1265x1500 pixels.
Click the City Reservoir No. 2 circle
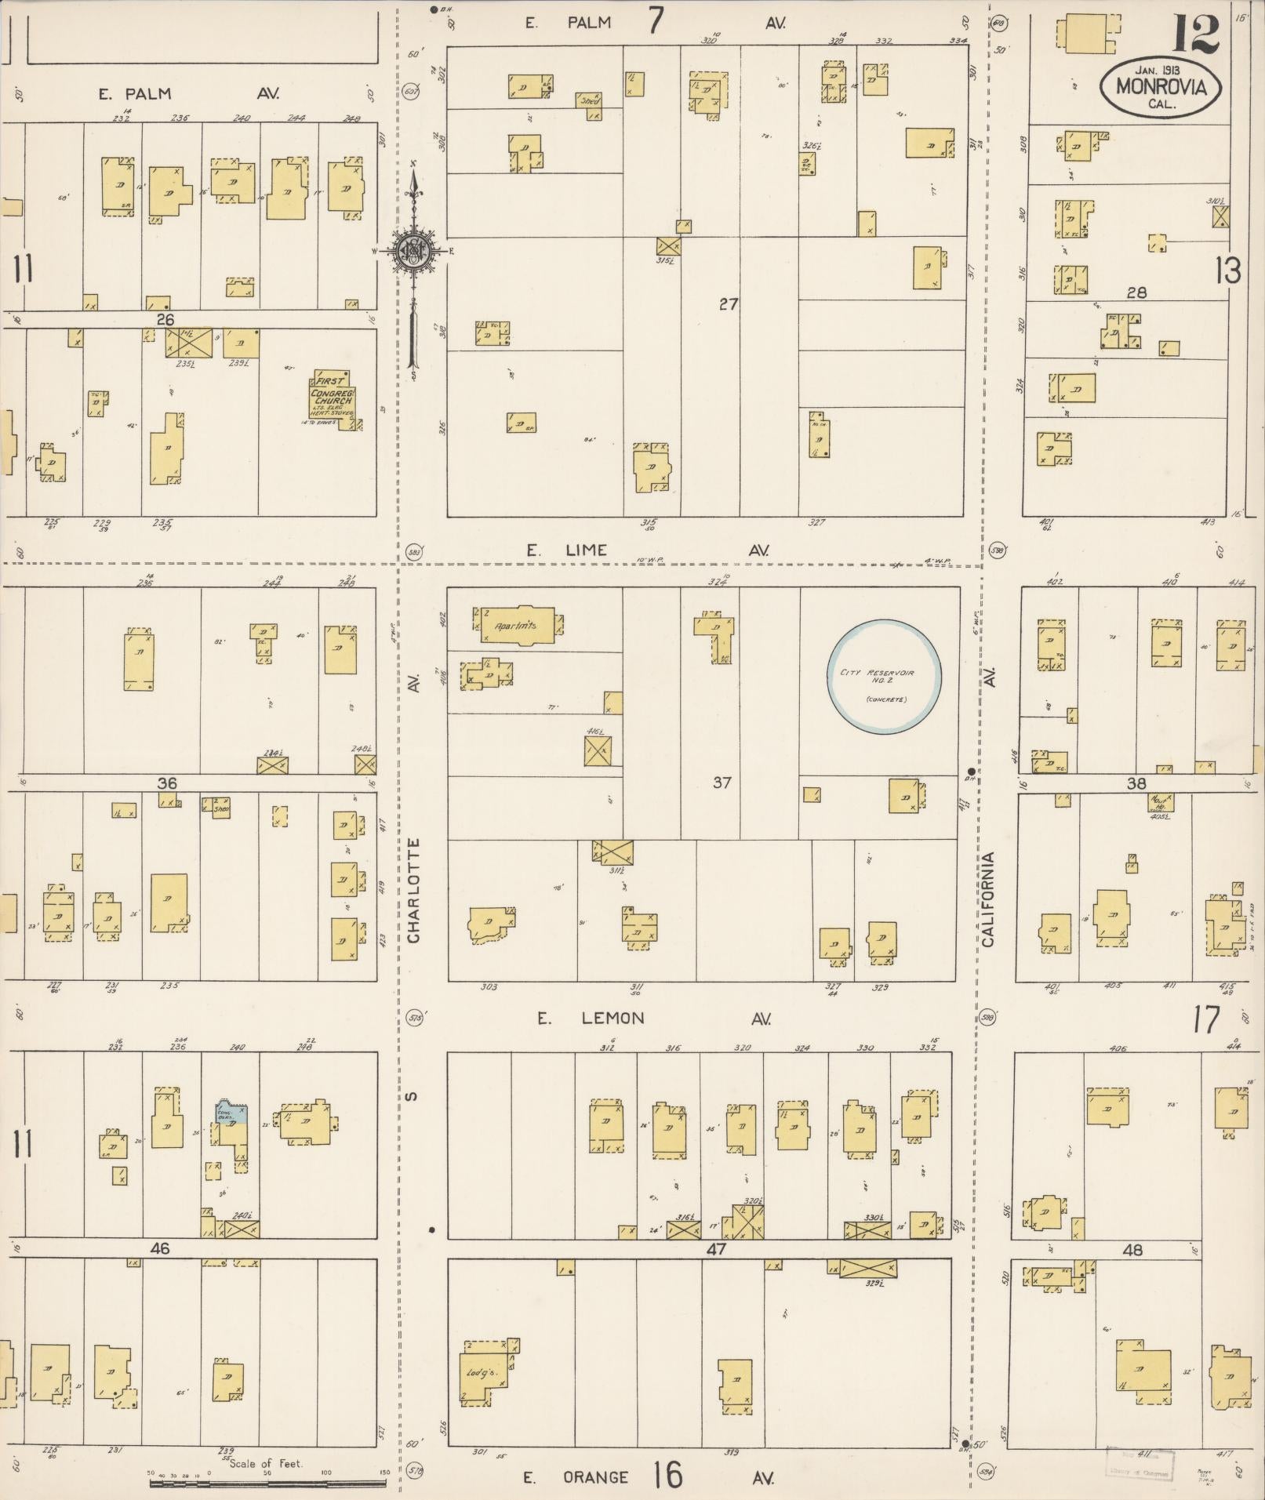pos(885,677)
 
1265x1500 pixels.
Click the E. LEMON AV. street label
pos(654,1019)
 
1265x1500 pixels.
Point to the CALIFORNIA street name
pos(988,899)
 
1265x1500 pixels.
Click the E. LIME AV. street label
pos(646,550)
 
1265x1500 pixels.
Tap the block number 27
pos(729,303)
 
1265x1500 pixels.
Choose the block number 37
pos(722,782)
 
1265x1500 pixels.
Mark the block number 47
pos(716,1249)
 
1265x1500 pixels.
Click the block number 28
pos(1136,292)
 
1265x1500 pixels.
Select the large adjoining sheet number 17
pos(1206,1020)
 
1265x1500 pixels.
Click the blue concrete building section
pos(231,1114)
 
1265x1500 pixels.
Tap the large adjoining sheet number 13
pos(1228,271)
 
